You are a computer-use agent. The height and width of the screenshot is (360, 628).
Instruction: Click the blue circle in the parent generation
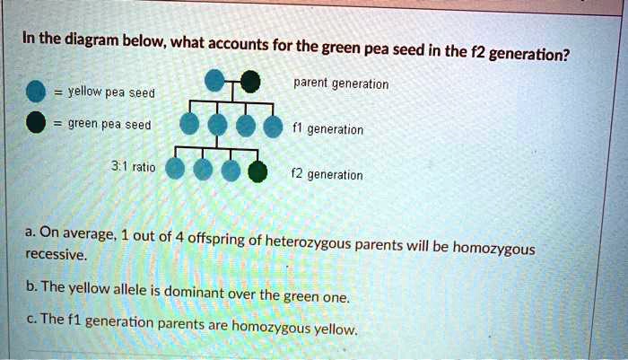pyautogui.click(x=215, y=83)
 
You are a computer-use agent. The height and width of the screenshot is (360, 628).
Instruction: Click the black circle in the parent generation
pyautogui.click(x=251, y=83)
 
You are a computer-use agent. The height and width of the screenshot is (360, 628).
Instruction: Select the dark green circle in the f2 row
pyautogui.click(x=257, y=171)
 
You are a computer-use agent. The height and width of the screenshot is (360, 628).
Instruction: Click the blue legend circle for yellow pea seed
pyautogui.click(x=36, y=92)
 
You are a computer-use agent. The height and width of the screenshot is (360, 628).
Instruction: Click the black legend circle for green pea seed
pyautogui.click(x=36, y=124)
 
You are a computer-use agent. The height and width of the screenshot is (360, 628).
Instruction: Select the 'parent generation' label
pyautogui.click(x=341, y=84)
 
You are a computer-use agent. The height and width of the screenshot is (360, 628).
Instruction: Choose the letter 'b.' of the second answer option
pyautogui.click(x=32, y=286)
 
